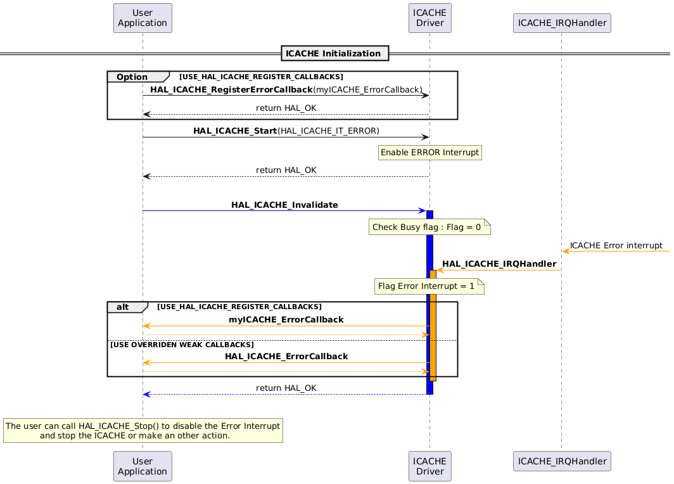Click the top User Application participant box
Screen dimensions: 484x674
[x=143, y=18]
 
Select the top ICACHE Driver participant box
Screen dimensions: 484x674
[x=429, y=18]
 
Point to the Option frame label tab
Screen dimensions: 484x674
[x=133, y=77]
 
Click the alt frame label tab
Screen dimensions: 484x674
[x=124, y=307]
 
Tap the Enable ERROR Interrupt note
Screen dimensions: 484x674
[x=429, y=153]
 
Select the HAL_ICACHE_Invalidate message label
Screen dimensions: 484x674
[x=284, y=205]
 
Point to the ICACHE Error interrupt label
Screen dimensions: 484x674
[x=616, y=245]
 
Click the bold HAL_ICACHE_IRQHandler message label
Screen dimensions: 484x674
[x=499, y=264]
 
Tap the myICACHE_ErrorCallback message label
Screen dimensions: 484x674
[x=286, y=320]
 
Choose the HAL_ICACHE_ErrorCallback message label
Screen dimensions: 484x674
[x=286, y=357]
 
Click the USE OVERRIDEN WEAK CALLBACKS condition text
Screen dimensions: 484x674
[x=182, y=345]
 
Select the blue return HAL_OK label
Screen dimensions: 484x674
[x=286, y=388]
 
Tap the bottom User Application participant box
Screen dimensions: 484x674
[x=143, y=466]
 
